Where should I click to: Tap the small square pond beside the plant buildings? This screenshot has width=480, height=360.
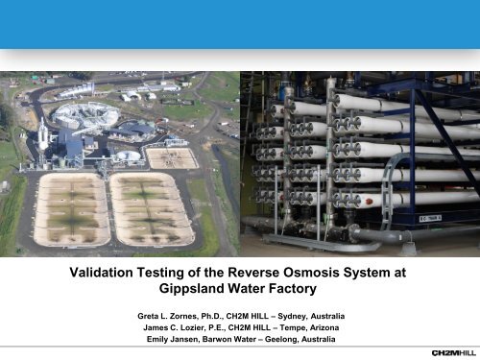(172, 156)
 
